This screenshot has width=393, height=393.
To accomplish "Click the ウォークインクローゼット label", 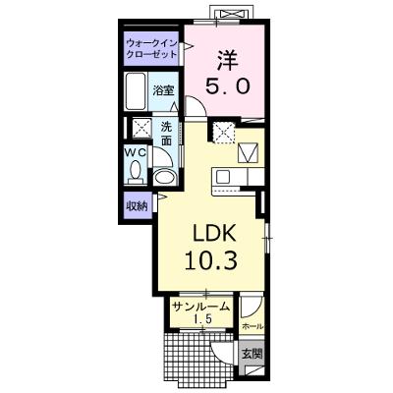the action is click(151, 48).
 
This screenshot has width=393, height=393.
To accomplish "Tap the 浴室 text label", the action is click(163, 90).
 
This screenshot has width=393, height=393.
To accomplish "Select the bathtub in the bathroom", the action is click(136, 91).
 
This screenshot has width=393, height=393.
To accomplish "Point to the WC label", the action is click(136, 152).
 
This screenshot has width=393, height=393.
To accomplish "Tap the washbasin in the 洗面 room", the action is click(164, 177).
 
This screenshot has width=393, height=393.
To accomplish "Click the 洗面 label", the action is click(166, 134).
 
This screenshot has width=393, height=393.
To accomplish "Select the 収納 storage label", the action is click(138, 206).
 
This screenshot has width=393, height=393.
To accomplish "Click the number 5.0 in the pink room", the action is click(227, 87).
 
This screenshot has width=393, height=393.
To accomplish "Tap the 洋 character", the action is click(227, 60).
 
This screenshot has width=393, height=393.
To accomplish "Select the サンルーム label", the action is click(200, 307).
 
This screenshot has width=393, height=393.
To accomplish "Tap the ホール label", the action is click(253, 326).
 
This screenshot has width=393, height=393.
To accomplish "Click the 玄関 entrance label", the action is click(253, 354).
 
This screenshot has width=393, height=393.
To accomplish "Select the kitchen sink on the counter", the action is click(224, 177).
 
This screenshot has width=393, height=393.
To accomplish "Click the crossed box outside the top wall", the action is click(232, 14).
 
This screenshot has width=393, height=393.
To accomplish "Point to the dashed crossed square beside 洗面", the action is click(141, 128).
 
